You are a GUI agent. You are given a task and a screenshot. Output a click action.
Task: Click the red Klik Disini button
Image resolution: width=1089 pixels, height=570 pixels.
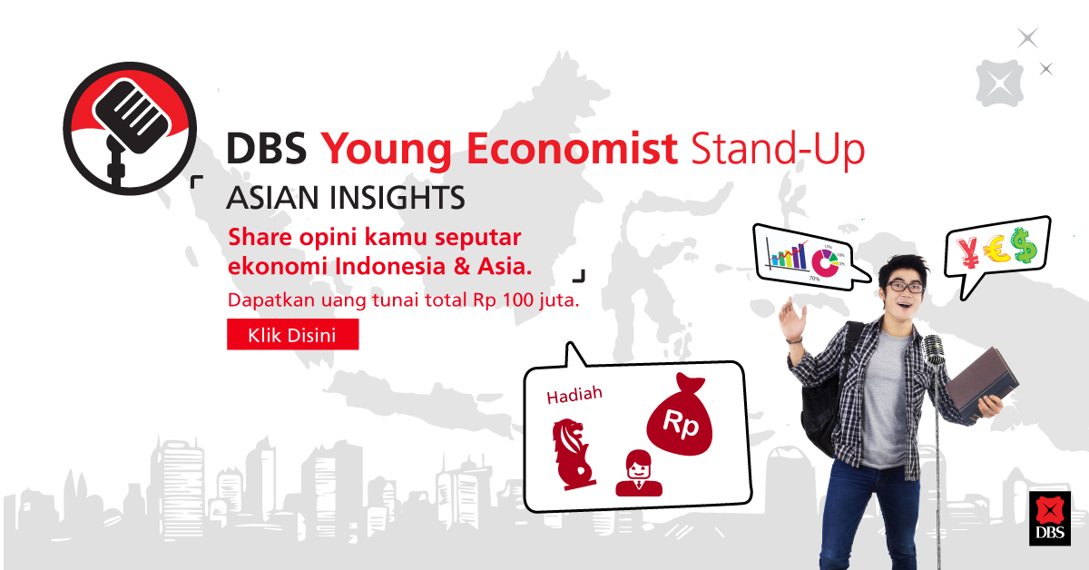click(292, 335)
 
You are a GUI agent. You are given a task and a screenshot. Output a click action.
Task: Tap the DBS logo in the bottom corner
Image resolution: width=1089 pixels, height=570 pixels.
click(1050, 518)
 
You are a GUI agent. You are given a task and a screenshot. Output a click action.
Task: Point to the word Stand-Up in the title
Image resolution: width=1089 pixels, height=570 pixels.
click(778, 149)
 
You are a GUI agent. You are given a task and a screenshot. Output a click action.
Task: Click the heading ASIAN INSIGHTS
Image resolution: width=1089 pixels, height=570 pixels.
click(346, 198)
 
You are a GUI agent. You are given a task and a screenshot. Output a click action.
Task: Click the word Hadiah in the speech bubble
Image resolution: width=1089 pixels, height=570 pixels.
click(574, 396)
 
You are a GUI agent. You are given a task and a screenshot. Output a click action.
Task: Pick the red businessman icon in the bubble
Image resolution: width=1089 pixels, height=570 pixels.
click(638, 473)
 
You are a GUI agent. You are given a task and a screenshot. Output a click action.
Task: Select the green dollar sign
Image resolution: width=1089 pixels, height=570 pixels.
click(1024, 245)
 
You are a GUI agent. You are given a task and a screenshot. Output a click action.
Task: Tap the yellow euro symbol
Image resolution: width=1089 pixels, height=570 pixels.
click(996, 249)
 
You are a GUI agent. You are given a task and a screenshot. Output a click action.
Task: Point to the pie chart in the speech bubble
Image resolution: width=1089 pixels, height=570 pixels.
click(825, 262)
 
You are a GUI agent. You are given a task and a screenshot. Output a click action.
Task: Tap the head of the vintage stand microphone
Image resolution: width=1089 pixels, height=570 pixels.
click(934, 350)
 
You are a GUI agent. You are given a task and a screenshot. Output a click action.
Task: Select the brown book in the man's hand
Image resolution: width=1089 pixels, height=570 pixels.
click(981, 383)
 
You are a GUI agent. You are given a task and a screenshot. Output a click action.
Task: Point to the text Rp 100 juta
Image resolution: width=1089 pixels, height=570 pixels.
click(526, 300)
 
